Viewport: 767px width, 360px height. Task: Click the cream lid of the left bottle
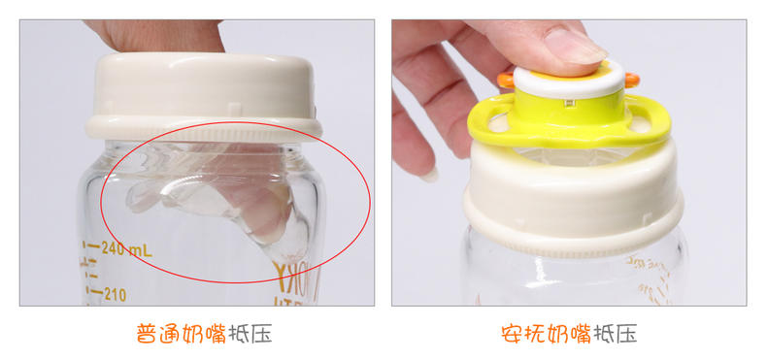204,92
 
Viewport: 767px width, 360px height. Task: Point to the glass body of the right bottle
573,277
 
